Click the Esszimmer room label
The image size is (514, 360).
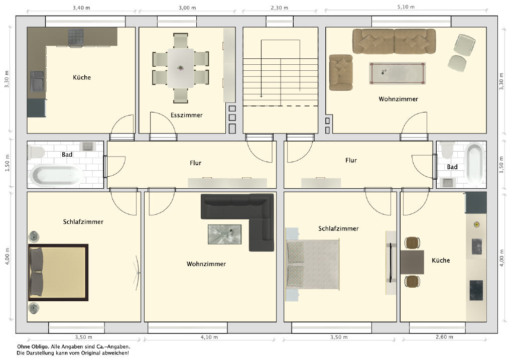coord(187,115)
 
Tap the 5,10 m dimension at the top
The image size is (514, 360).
coord(406,7)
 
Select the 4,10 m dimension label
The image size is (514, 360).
coord(209,337)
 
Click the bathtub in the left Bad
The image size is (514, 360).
coord(57,176)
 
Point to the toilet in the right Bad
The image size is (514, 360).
coord(447,150)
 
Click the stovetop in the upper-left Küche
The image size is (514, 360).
coord(76,36)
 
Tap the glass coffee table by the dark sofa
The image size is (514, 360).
coord(224,234)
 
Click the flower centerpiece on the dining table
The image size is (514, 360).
coord(180,68)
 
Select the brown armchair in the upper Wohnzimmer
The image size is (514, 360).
coord(341,72)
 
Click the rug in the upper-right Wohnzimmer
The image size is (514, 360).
coord(398,73)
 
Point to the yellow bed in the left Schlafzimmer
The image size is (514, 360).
coord(58,273)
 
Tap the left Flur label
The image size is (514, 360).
coord(195,163)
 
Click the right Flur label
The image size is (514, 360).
coord(351,160)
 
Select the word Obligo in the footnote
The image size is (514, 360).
coord(41,346)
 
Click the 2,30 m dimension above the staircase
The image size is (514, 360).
coord(279,8)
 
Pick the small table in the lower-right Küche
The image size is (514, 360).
coord(412,262)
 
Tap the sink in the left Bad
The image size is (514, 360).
coord(87,146)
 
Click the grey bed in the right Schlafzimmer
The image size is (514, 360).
coord(312,264)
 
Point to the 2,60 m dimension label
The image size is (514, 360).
coord(445,337)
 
